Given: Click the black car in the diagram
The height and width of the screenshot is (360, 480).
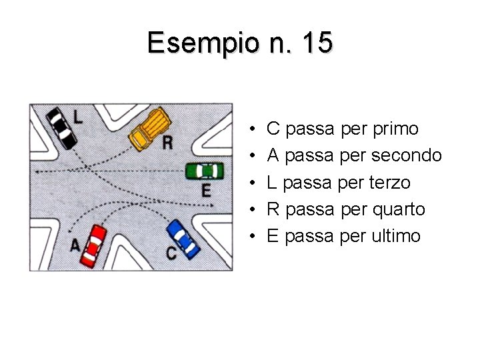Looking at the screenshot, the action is (61, 128).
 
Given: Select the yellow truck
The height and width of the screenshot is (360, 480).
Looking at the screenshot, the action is (150, 128).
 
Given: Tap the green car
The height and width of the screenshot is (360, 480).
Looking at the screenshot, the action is (205, 171).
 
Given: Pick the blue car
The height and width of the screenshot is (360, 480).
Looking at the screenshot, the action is (183, 239).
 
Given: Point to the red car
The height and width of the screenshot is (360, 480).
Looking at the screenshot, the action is (93, 245).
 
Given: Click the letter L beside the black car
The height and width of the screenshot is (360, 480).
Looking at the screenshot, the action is (78, 118).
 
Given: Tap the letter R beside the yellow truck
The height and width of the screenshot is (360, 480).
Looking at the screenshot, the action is (167, 143).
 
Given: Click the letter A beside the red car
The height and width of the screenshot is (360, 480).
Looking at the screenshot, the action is (75, 245).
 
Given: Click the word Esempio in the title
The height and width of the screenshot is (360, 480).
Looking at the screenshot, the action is (199, 43).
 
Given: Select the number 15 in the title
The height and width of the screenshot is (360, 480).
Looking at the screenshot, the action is (317, 43).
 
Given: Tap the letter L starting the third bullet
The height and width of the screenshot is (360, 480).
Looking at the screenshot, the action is (272, 183).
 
